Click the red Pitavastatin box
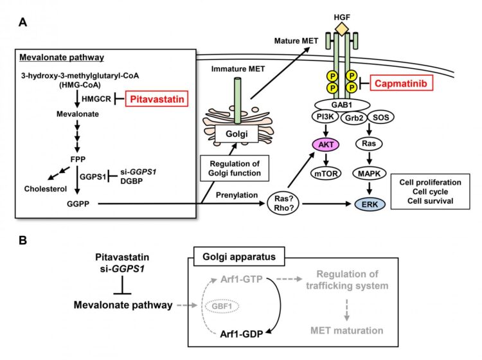click(156, 100)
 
